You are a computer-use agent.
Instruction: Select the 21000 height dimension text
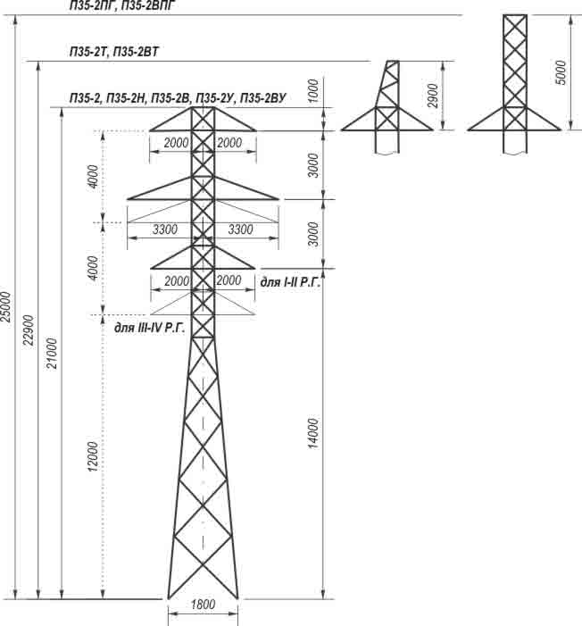(53, 353)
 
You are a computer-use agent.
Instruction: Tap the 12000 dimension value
(94, 456)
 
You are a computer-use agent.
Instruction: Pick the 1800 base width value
(203, 605)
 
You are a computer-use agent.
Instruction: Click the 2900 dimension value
(432, 96)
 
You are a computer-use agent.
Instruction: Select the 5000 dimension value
(560, 71)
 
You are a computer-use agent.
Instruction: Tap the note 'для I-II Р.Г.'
(289, 281)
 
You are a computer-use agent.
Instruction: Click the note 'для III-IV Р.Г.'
(149, 328)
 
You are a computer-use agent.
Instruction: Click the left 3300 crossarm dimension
(165, 230)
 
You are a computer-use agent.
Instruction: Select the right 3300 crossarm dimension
(242, 230)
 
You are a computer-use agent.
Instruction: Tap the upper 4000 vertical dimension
(94, 177)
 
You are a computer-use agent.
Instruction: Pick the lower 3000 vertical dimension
(312, 234)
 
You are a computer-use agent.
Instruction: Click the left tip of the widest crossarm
(128, 198)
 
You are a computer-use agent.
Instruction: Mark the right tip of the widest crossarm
(279, 198)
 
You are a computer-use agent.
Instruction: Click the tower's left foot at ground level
(168, 598)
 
